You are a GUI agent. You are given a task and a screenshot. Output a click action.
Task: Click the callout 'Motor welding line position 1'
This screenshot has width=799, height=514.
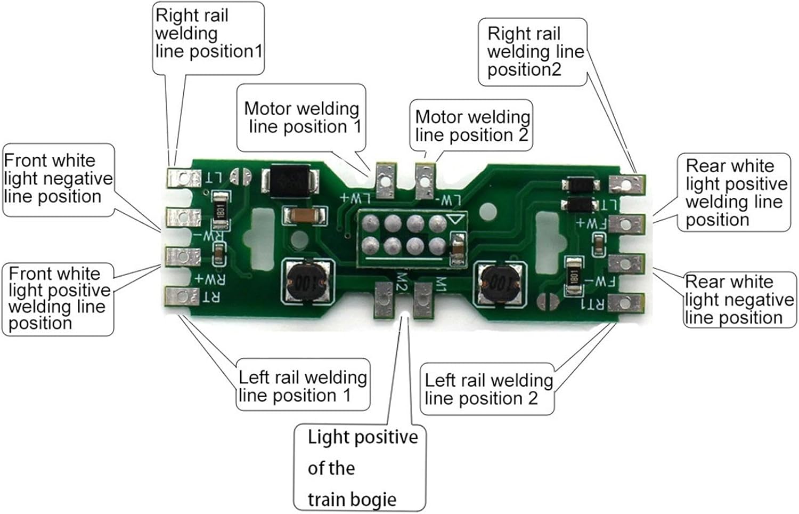(x=301, y=118)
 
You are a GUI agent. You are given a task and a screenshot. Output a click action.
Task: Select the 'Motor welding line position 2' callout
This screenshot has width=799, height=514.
(x=471, y=126)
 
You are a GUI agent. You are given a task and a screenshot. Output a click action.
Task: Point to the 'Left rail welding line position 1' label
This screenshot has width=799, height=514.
(x=302, y=386)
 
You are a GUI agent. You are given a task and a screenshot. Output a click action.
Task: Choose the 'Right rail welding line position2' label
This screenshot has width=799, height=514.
(x=533, y=52)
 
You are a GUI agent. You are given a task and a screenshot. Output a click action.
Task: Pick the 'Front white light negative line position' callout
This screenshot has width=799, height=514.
(x=58, y=179)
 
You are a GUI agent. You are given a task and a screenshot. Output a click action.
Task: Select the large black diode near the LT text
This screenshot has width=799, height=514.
(x=290, y=179)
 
